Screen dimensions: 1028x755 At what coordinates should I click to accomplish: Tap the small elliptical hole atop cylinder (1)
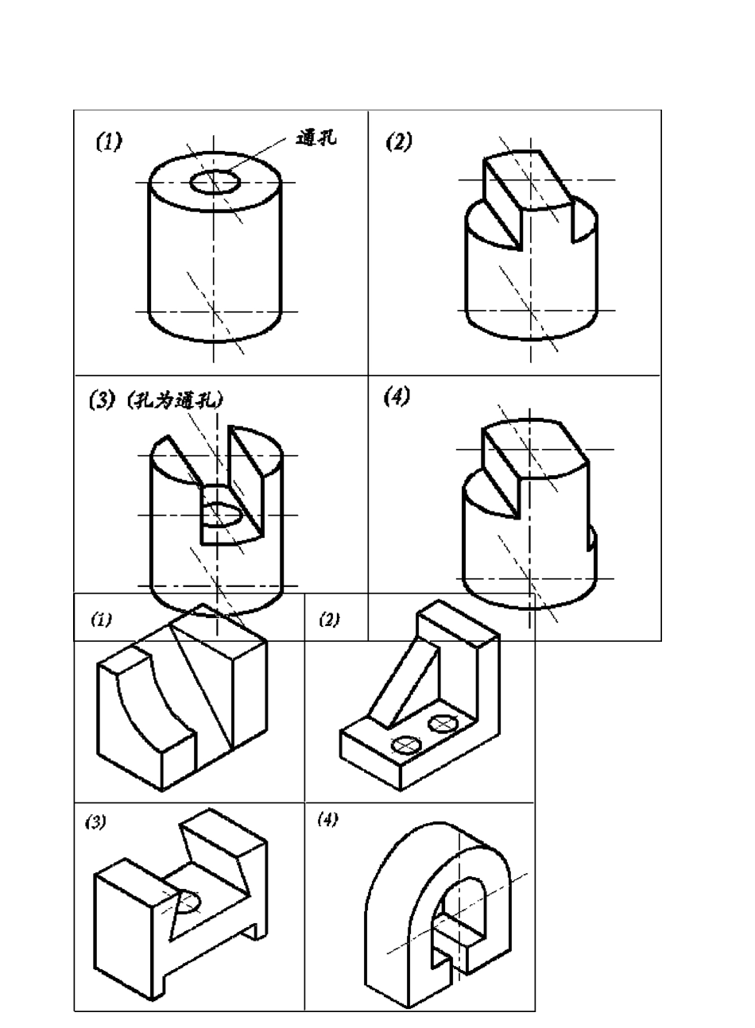click(x=216, y=182)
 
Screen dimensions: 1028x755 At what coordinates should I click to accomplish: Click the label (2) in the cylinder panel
click(x=399, y=142)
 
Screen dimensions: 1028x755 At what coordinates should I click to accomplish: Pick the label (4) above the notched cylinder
click(x=397, y=398)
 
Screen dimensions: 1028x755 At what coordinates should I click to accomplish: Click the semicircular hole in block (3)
click(x=189, y=902)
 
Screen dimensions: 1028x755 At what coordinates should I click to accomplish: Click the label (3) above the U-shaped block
click(x=95, y=823)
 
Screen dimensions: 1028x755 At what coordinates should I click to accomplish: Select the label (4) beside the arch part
click(x=326, y=820)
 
